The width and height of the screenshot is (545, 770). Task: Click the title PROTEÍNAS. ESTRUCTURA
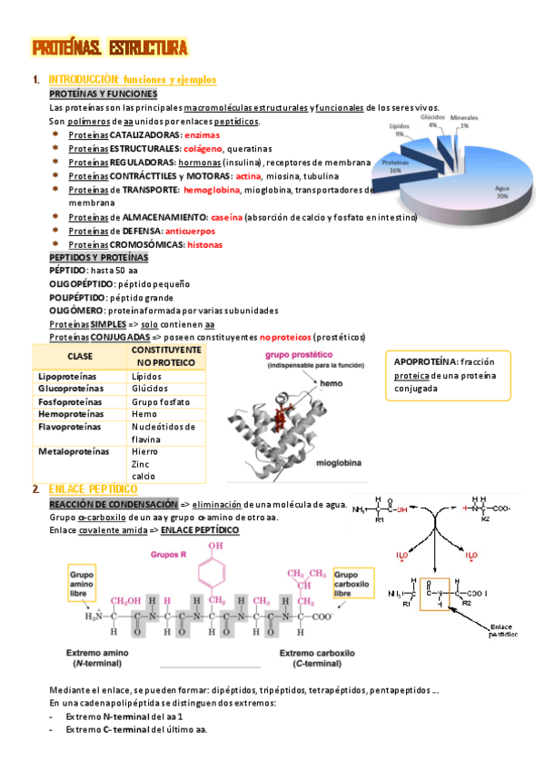pos(109,47)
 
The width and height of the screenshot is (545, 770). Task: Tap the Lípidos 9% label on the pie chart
pos(400,131)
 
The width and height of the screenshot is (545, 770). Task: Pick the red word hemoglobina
pos(212,190)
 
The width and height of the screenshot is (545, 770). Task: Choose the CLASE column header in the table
pos(80,355)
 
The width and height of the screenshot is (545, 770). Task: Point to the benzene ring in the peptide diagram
pos(213,574)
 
